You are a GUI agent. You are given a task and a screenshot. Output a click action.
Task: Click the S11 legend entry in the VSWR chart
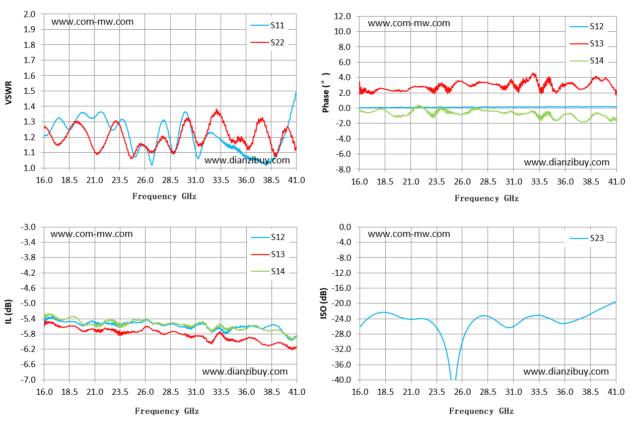click(267, 26)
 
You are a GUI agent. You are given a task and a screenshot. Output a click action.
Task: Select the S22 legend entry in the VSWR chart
click(267, 42)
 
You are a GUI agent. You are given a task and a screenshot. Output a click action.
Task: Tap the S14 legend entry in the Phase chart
click(587, 61)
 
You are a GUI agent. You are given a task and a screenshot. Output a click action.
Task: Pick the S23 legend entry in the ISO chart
click(587, 238)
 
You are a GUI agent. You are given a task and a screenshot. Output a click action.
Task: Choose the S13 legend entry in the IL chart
click(268, 255)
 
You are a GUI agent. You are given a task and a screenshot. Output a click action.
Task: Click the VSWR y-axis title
click(9, 93)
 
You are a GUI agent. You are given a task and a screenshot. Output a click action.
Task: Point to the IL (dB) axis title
click(9, 312)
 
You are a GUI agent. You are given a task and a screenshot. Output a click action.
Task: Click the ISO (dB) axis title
click(324, 304)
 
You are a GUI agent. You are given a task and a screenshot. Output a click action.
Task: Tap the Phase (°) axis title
click(326, 93)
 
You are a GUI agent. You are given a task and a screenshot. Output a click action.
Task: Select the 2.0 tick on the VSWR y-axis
click(29, 14)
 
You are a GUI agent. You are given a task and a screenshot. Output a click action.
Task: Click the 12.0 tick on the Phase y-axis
click(342, 16)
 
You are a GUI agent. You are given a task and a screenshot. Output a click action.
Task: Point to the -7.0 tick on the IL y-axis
click(28, 380)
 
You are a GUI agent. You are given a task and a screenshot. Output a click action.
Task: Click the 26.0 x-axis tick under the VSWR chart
click(145, 180)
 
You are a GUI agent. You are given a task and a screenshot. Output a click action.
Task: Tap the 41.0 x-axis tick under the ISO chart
click(616, 392)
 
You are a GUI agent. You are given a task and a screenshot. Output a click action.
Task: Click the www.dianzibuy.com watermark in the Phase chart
click(567, 162)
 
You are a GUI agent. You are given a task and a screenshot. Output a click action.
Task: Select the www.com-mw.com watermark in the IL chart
click(92, 234)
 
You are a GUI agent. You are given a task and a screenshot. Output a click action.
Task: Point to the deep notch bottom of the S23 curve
click(453, 379)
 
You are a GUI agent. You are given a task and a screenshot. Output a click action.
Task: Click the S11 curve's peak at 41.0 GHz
click(296, 93)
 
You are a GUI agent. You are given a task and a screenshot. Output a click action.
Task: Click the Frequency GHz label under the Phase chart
click(486, 198)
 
